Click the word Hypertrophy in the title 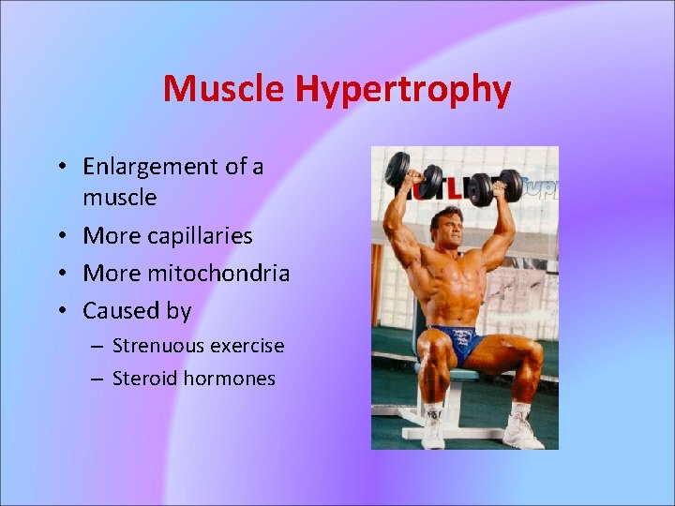point(403,90)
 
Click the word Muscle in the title point(225,90)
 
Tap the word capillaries point(200,235)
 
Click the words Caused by point(137,310)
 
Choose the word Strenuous point(153,346)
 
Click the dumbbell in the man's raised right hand point(412,173)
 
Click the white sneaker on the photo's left point(432,430)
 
